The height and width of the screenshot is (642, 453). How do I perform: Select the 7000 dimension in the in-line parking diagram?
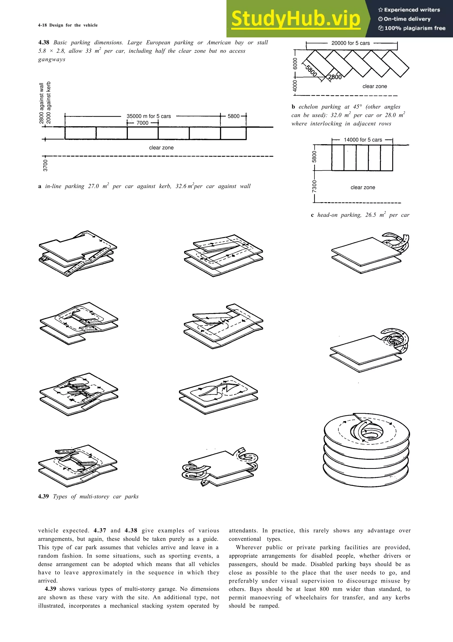142,123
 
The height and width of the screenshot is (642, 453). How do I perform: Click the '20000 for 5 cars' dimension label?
350,43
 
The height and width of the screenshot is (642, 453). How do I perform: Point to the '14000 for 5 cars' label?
363,140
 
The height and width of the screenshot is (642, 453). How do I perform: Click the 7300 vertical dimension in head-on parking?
315,186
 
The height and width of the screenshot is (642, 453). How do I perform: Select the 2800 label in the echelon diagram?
335,77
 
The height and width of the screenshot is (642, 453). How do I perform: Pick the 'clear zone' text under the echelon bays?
374,86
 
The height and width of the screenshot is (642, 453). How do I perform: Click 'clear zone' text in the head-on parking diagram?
363,187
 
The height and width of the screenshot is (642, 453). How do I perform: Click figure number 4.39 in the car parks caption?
44,496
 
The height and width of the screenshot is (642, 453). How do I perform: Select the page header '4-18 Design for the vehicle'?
68,25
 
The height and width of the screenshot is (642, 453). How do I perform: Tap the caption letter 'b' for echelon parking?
293,107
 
